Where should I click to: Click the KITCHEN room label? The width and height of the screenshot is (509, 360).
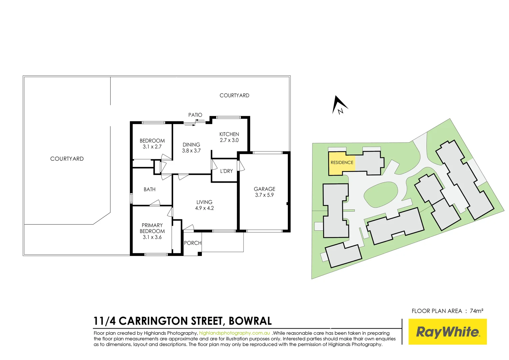(x=229, y=134)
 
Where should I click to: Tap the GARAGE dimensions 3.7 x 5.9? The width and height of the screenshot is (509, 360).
(x=264, y=195)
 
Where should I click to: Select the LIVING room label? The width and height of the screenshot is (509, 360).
(x=204, y=202)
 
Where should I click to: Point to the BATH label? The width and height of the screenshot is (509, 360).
(x=150, y=189)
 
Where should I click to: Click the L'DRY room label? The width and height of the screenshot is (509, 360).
(x=227, y=171)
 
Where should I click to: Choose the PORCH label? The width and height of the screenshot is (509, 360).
(x=193, y=243)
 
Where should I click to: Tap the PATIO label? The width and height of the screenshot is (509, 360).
(x=195, y=115)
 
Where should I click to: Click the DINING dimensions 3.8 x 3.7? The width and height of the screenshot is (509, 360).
(x=191, y=151)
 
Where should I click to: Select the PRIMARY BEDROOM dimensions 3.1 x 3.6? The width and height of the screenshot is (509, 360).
(x=152, y=237)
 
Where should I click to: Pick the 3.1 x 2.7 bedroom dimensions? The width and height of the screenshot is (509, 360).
(x=152, y=147)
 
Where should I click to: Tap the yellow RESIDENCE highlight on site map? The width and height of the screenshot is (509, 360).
(x=341, y=163)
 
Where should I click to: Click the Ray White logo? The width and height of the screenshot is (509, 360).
(x=447, y=332)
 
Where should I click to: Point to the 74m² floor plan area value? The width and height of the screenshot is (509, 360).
(x=476, y=311)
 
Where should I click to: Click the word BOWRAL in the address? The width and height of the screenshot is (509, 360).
(x=250, y=321)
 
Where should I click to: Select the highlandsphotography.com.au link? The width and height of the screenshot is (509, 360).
(x=235, y=333)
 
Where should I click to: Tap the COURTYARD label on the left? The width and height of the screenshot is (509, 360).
(x=67, y=159)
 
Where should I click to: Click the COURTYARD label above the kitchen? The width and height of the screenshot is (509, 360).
(x=234, y=95)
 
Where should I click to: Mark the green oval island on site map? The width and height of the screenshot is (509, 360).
(x=381, y=194)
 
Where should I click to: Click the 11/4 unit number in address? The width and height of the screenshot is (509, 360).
(x=104, y=321)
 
